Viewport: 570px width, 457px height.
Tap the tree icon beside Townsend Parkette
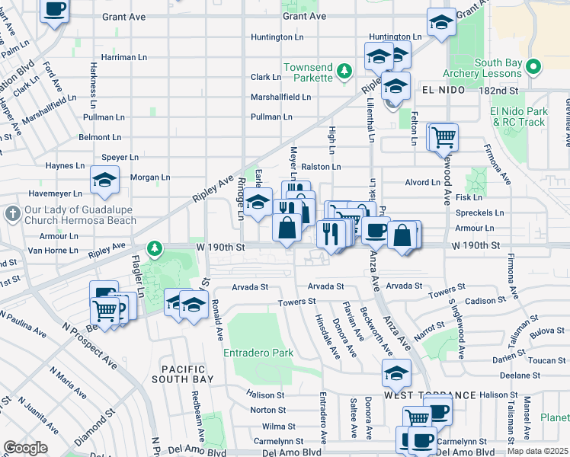point(344,72)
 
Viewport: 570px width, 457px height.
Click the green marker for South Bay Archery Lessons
point(533,67)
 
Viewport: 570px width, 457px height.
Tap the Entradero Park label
point(258,353)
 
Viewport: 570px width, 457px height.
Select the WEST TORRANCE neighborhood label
point(430,395)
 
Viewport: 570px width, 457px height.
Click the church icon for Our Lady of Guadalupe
point(12,216)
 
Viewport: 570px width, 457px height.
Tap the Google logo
point(26,448)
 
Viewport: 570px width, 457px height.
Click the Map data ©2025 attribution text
point(538,451)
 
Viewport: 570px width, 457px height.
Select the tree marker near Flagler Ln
point(155,248)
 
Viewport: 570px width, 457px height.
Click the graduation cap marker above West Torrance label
point(396,373)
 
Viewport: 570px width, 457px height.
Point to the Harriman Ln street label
point(123,57)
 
